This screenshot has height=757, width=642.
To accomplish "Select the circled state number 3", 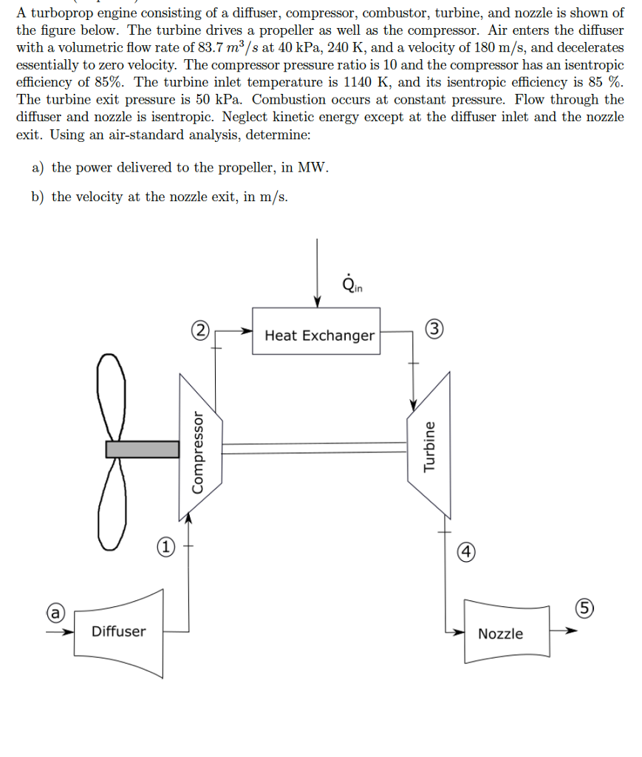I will pyautogui.click(x=435, y=330).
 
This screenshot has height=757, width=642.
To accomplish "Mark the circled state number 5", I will pyautogui.click(x=584, y=609).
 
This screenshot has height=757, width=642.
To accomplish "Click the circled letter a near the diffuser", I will pyautogui.click(x=54, y=613).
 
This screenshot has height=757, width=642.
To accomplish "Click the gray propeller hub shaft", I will pyautogui.click(x=143, y=449).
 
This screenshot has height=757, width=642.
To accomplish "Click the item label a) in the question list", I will pyautogui.click(x=39, y=167).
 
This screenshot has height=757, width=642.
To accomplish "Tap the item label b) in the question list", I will pyautogui.click(x=39, y=197).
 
